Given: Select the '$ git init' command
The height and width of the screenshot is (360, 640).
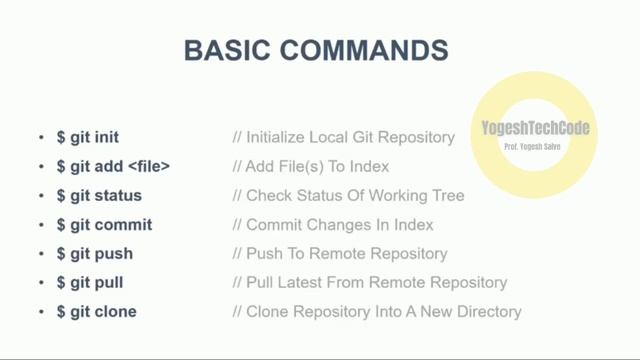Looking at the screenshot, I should tap(87, 137).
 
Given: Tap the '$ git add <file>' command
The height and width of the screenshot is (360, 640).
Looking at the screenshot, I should tap(114, 166).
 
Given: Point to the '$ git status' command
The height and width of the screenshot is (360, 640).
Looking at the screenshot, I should tap(98, 195).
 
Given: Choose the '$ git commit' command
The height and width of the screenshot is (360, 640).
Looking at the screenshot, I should tap(103, 224).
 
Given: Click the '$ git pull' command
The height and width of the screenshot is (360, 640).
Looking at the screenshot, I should tap(90, 283).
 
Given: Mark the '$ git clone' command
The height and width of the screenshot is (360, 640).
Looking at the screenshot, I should tap(95, 312).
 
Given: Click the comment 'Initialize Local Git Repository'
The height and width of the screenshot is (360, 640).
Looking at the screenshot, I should tap(343, 137).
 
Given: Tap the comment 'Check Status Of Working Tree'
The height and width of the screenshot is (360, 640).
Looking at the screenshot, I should tap(348, 195).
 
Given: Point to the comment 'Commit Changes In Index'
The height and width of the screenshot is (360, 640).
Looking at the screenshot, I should tap(327, 224).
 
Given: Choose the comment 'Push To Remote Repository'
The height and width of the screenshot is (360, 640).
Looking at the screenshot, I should tap(340, 254).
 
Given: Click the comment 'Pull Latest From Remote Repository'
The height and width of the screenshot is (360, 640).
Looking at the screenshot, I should tap(369, 283).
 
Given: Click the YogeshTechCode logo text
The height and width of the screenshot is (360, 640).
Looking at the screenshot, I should tap(535, 128).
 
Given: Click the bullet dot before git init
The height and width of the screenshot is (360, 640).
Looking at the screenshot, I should tap(41, 138).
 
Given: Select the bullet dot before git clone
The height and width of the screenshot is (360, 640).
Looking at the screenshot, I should tap(41, 313).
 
